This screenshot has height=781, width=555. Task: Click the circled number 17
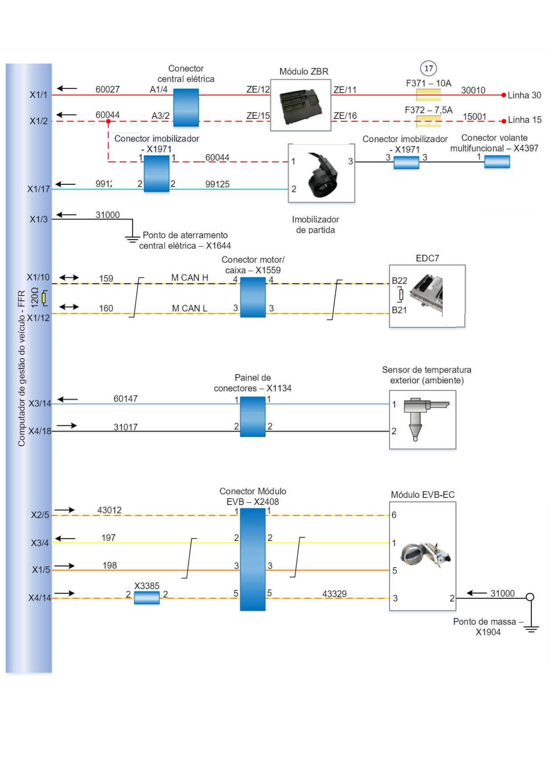pos(428,68)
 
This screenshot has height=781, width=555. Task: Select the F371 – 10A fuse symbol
pos(428,95)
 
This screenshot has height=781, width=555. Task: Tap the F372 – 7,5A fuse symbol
pos(428,121)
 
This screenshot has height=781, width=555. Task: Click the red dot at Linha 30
pos(504,95)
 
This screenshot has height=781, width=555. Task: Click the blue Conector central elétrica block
pos(186,108)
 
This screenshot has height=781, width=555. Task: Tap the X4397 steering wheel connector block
pos(497,162)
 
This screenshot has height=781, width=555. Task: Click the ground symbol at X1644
pos(132,239)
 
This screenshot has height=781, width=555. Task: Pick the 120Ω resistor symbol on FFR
pos(44,298)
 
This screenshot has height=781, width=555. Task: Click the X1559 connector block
pos(253,297)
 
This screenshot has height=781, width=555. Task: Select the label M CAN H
pos(189,278)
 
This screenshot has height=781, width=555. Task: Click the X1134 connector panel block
pos(253,416)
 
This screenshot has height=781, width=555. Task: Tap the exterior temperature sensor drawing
pos(423,418)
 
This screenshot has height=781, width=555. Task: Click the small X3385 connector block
pos(147,598)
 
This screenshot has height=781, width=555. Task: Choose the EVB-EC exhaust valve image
pos(425,555)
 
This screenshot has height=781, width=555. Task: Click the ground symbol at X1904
pos(531,628)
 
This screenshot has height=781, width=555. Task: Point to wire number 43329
pos(334,594)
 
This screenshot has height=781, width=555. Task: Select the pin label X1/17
pos(38,189)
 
